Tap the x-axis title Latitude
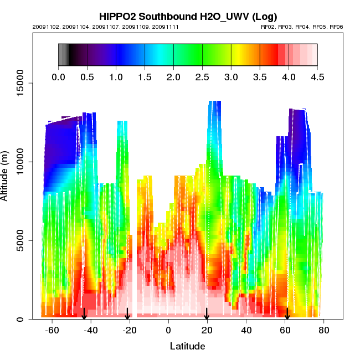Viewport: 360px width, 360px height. click(187, 346)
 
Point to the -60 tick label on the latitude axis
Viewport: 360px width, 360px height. click(52, 331)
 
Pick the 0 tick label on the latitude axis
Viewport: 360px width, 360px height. click(169, 331)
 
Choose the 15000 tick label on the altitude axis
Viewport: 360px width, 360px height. click(16, 83)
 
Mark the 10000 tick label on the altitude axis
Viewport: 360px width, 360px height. click(16, 162)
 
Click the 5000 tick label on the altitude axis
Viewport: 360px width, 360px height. click(18, 240)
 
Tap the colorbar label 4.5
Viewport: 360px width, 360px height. click(317, 77)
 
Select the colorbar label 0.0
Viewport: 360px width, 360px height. click(58, 77)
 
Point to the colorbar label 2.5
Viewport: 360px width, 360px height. click(202, 77)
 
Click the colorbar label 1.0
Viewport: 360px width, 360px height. click(116, 77)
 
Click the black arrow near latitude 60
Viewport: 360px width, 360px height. click(287, 314)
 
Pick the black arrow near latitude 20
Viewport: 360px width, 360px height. click(207, 314)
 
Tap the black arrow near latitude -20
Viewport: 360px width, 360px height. click(128, 314)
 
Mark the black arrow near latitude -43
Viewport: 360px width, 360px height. click(84, 314)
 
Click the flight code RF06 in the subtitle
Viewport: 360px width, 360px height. click(336, 27)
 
